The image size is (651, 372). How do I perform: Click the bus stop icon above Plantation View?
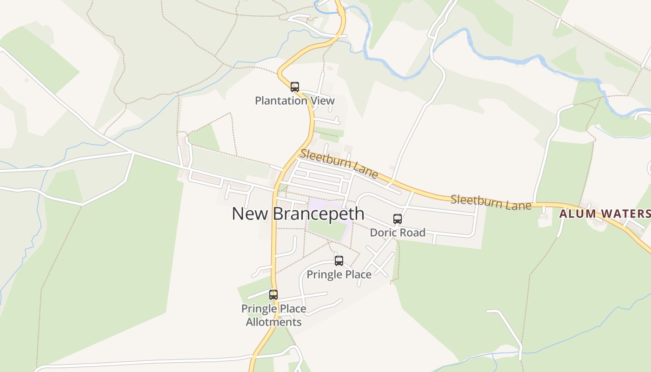coord(294,86)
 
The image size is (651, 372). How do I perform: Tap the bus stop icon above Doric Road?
coord(398,219)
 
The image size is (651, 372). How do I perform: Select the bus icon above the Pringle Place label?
coord(339,261)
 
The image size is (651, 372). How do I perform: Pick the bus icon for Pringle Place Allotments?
coord(273,294)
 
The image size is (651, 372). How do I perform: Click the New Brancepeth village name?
coord(298,214)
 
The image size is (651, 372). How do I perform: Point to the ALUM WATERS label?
coord(604,214)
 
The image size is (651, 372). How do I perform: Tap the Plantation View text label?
coord(295,100)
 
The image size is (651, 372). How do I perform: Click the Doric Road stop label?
coord(398,232)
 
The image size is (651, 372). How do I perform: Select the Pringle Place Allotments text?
coord(273,315)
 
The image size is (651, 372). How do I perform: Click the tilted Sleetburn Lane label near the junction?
coord(339,164)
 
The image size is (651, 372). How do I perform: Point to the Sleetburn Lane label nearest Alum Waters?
coord(491,202)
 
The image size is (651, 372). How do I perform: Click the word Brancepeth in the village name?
coord(318,214)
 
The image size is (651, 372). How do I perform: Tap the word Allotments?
coord(273,322)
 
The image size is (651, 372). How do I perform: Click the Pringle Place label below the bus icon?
coord(339,275)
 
